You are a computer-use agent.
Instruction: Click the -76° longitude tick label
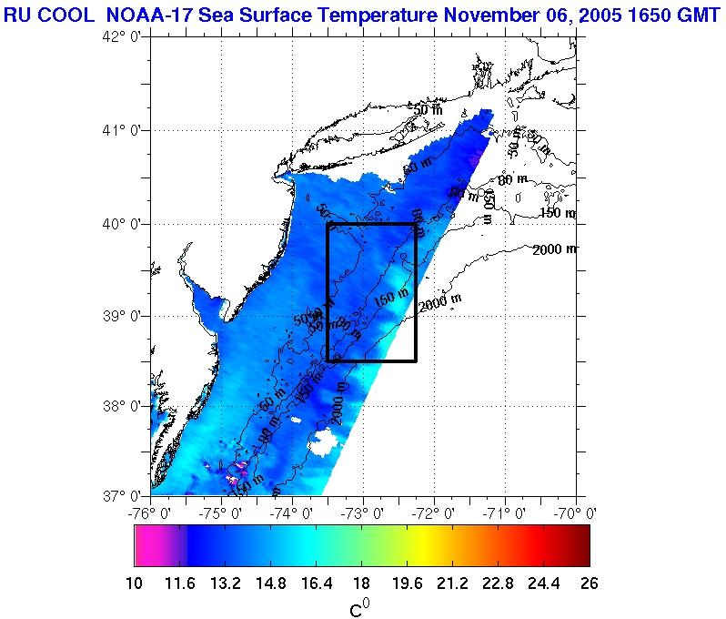tap(152, 512)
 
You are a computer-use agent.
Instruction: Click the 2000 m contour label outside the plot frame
tap(555, 249)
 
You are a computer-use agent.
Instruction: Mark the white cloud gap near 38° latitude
tap(325, 442)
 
